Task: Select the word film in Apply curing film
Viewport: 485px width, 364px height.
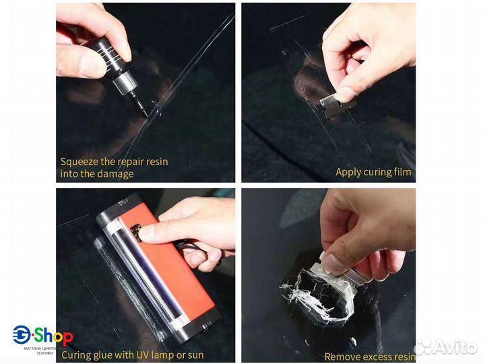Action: pyautogui.click(x=403, y=172)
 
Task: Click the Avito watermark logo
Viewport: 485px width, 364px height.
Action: pyautogui.click(x=445, y=346)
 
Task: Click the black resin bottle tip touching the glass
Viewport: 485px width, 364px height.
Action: pyautogui.click(x=145, y=111)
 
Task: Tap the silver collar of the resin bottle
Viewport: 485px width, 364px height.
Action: pyautogui.click(x=125, y=81)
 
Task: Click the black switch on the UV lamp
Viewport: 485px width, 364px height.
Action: pyautogui.click(x=136, y=233)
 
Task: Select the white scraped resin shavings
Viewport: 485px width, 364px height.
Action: pyautogui.click(x=319, y=294)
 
